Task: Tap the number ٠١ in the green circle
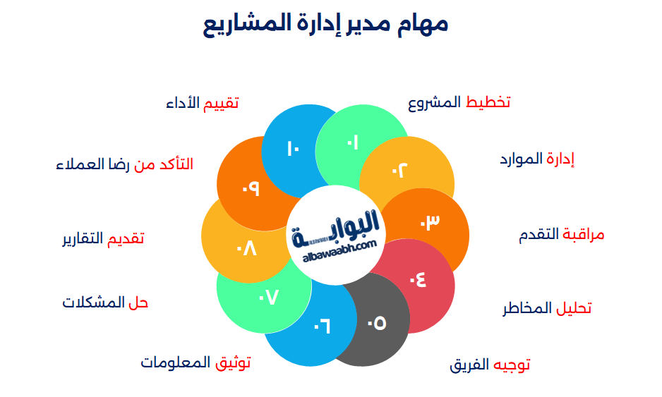click(352, 143)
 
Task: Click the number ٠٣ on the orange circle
click(430, 222)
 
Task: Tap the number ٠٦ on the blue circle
click(323, 326)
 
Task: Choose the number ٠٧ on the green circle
click(269, 298)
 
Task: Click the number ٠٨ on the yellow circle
click(247, 249)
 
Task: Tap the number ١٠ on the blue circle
click(294, 149)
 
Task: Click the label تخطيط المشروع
click(459, 103)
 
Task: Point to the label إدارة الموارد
click(537, 159)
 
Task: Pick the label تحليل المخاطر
click(547, 309)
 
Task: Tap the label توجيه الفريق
click(490, 365)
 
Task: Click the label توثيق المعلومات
click(195, 363)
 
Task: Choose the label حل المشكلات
click(105, 303)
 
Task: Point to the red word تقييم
click(221, 104)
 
